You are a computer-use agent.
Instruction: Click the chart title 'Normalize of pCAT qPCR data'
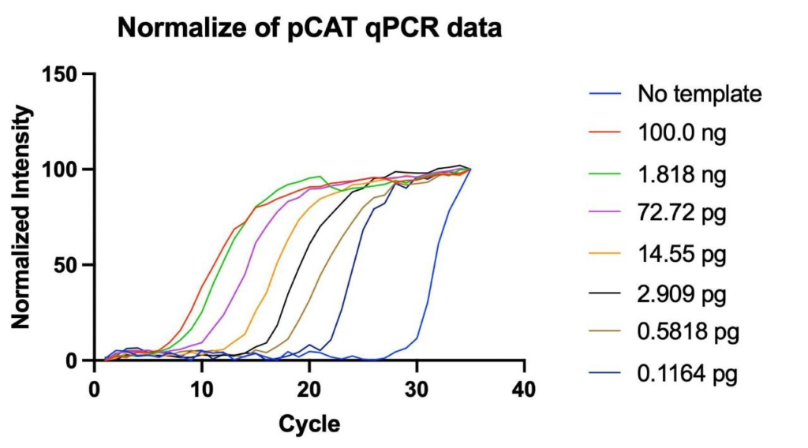click(310, 29)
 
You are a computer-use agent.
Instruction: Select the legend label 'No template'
click(700, 94)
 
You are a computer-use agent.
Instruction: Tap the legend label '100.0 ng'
click(682, 134)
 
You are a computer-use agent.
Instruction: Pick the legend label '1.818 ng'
click(682, 174)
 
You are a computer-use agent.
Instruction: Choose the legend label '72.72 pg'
click(682, 215)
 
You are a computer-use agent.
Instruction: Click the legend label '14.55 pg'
click(682, 255)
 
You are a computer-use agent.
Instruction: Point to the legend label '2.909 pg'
click(682, 295)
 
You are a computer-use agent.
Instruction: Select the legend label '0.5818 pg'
click(688, 334)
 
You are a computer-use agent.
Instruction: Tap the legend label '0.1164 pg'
click(688, 375)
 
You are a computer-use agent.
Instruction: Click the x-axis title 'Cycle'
click(309, 425)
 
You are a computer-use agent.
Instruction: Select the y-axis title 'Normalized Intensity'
click(21, 218)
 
